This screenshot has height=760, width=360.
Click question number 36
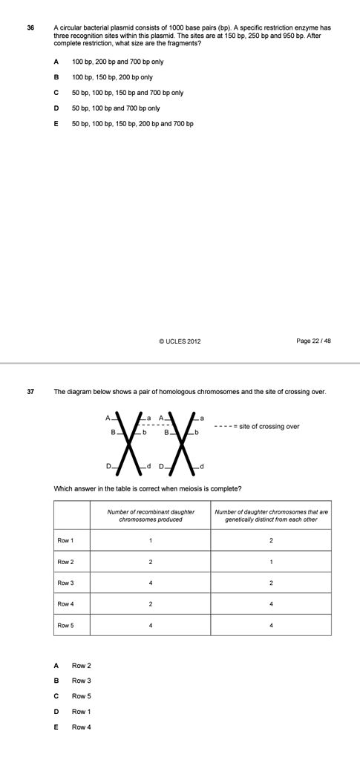click(x=30, y=27)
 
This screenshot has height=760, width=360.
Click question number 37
click(x=30, y=391)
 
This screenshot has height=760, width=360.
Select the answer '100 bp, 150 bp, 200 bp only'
click(x=112, y=77)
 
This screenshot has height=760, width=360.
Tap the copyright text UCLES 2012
click(x=179, y=341)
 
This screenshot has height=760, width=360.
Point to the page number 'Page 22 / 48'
click(x=313, y=341)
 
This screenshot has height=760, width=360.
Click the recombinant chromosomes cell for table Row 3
click(x=151, y=583)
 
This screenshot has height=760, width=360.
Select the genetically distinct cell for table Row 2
click(x=271, y=561)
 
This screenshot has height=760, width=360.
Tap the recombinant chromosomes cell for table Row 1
click(x=151, y=540)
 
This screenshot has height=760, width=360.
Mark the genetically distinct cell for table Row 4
click(x=271, y=604)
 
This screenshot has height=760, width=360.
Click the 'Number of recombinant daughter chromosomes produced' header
click(x=151, y=515)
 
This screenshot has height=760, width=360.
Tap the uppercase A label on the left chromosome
click(x=108, y=418)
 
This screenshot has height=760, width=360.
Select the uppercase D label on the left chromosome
click(x=108, y=465)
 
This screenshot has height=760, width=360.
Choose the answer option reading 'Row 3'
click(x=81, y=681)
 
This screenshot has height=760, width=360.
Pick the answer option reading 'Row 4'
click(x=81, y=727)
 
